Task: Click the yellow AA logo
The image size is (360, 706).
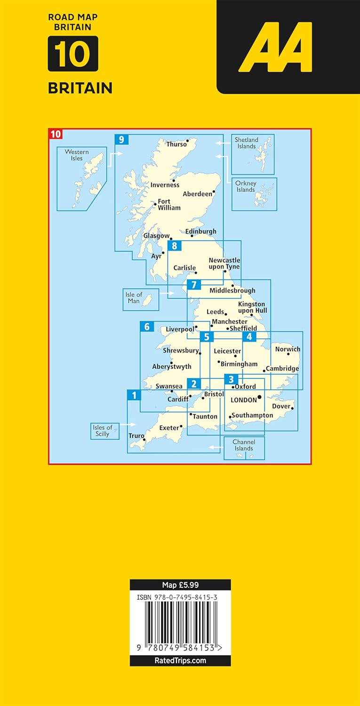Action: point(275,47)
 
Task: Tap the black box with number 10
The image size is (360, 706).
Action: point(73,54)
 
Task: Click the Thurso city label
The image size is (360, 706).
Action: point(176,144)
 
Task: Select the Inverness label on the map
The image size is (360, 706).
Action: point(165,185)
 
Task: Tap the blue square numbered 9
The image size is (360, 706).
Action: point(121,140)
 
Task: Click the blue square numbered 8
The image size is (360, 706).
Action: point(175,246)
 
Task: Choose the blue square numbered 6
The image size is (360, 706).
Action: point(147,326)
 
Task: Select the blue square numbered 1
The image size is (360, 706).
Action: point(134,395)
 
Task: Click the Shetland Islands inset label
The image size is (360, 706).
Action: point(247,143)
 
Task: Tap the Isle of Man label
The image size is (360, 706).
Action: point(134,298)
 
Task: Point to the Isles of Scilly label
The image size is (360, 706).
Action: point(103,431)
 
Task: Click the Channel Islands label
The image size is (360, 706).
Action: point(244,445)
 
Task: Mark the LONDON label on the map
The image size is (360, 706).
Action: point(244,400)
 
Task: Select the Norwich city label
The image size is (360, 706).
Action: point(287,349)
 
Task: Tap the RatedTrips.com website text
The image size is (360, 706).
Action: point(180,660)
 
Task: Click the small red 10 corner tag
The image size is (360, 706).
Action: point(56,134)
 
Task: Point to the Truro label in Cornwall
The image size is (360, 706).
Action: point(136,436)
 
